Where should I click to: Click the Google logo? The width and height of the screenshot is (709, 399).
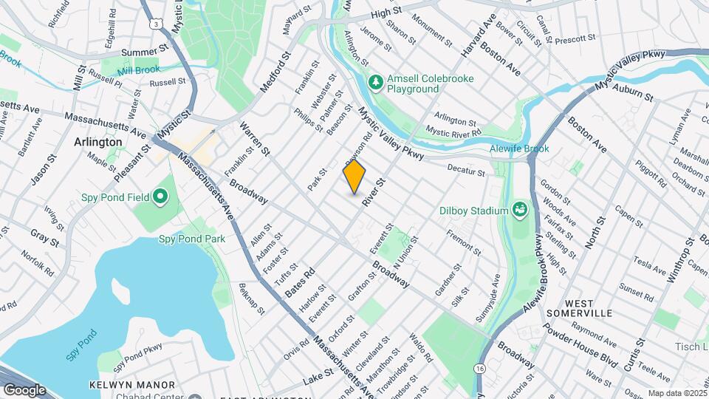point(24,389)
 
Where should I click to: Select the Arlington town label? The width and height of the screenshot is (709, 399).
point(97,142)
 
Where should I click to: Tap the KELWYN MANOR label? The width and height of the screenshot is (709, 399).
point(132,385)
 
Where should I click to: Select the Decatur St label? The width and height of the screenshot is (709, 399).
point(465,171)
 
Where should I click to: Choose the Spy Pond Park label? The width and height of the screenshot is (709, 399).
point(192,239)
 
